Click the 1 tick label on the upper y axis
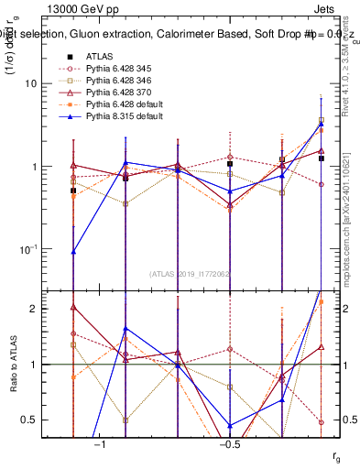point(39,167)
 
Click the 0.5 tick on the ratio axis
point(35,420)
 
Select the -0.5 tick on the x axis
point(229,444)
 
